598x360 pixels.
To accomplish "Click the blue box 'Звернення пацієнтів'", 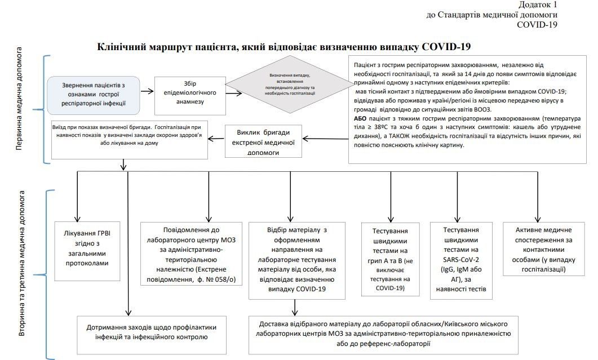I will click(94, 94).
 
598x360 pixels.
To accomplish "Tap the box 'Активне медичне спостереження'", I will click(544, 250).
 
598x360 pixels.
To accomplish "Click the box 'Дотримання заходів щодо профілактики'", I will click(152, 332).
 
